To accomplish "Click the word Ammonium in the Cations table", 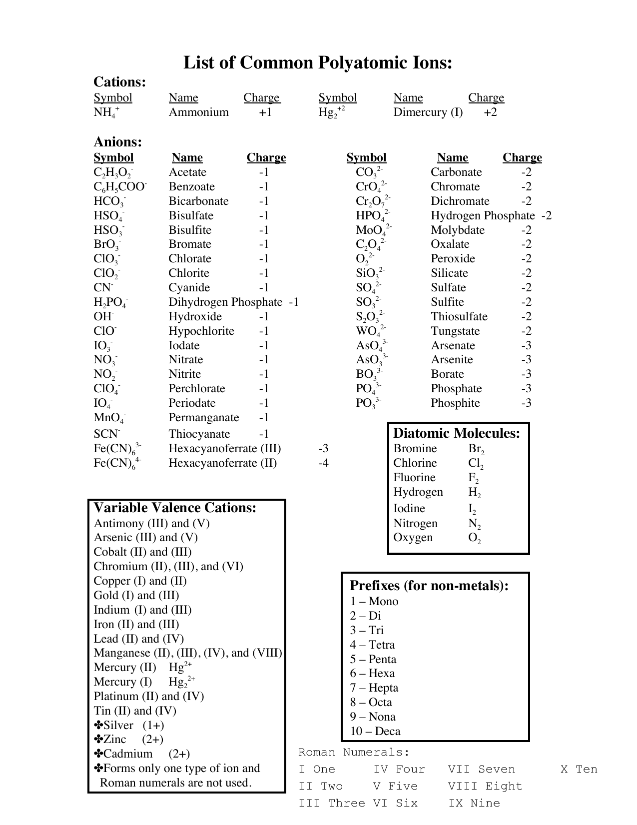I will point(198,112).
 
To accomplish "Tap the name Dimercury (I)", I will point(428,112).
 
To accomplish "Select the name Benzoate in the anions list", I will point(191,186).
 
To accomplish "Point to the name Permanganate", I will point(203,417).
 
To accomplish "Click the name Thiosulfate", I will point(459,316).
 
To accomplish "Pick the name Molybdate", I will point(457,230).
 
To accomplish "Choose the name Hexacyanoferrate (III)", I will point(224,448).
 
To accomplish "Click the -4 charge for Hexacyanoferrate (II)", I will point(323,463).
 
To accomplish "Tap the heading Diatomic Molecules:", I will point(456,433).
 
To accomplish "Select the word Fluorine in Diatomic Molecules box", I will point(414,477).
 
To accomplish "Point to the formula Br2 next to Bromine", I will point(476,449).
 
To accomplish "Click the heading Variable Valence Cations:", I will point(175,508).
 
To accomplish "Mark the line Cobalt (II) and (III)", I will point(142,552).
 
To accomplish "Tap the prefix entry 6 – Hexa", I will point(372,673).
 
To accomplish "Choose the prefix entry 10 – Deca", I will point(375,731).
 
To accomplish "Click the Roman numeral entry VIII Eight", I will point(485,786).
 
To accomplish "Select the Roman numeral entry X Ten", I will point(579,769).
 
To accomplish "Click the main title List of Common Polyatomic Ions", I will point(318,62).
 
